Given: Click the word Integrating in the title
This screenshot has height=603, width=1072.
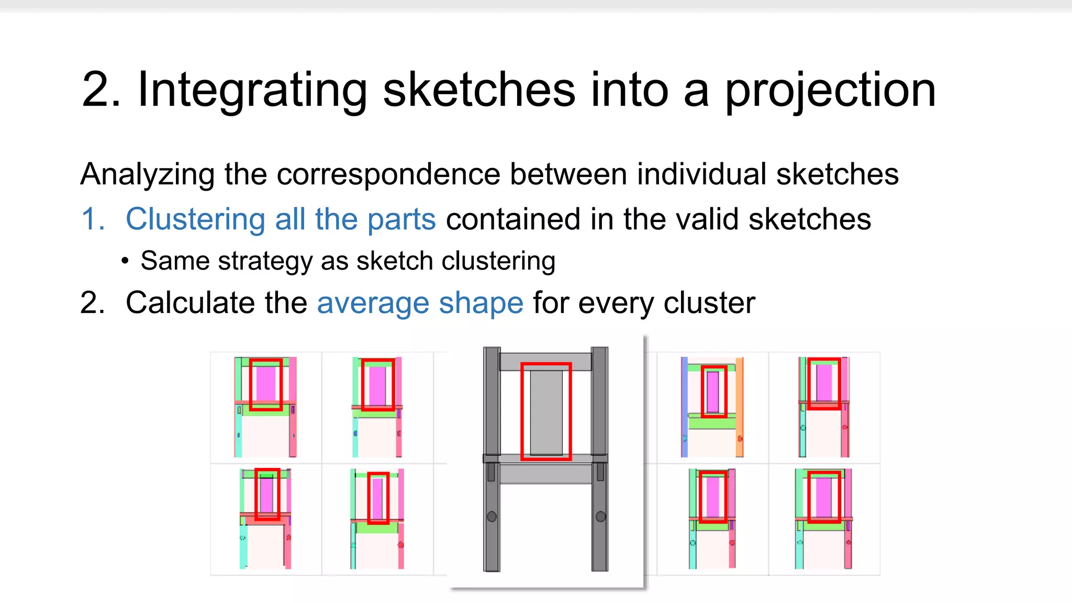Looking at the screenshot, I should pyautogui.click(x=252, y=90).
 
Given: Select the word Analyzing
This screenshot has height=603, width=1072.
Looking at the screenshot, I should pyautogui.click(x=147, y=174).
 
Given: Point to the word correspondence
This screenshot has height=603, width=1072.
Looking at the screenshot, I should pyautogui.click(x=388, y=174).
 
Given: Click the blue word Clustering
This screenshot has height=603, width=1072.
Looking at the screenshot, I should pyautogui.click(x=195, y=219).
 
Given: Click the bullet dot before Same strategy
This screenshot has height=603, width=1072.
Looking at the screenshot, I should pyautogui.click(x=125, y=261).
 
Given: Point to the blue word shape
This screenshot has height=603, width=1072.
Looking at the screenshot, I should pyautogui.click(x=481, y=303).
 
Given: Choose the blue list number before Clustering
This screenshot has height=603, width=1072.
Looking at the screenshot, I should pyautogui.click(x=92, y=219).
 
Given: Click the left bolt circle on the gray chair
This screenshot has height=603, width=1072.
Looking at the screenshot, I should pyautogui.click(x=492, y=517).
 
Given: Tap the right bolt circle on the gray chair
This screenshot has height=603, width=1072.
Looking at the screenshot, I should pyautogui.click(x=600, y=517).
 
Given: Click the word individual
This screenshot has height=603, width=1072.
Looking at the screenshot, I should pyautogui.click(x=701, y=174).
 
